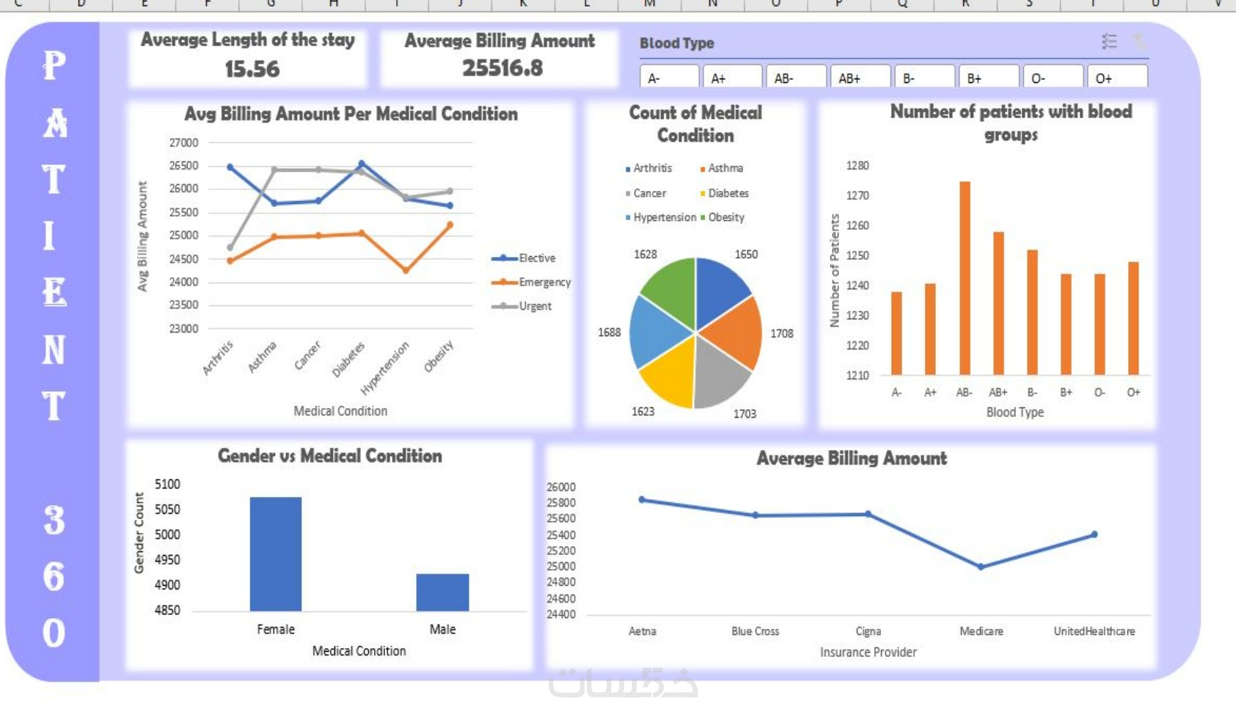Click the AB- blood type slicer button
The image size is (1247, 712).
point(796,78)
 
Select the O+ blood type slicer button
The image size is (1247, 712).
point(1116,78)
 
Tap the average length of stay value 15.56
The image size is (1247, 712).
point(252,69)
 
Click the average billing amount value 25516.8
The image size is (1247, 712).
point(502,68)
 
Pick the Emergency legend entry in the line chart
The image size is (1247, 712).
point(544,283)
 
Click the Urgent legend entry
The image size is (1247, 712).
point(535,306)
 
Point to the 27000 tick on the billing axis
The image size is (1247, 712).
point(183,142)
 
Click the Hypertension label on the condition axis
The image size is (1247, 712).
point(385,368)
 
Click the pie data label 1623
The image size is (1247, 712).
point(643,412)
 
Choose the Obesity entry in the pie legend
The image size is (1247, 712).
point(725,217)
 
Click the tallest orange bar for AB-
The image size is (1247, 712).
point(965,279)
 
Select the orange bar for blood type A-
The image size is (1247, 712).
point(896,334)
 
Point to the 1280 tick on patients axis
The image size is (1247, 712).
point(857,166)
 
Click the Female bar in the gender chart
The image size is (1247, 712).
point(276,554)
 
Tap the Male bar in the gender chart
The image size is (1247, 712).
point(442,592)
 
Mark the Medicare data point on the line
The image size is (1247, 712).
point(981,567)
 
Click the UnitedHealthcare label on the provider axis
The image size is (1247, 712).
point(1094,631)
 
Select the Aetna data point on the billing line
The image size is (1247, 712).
point(642,500)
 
